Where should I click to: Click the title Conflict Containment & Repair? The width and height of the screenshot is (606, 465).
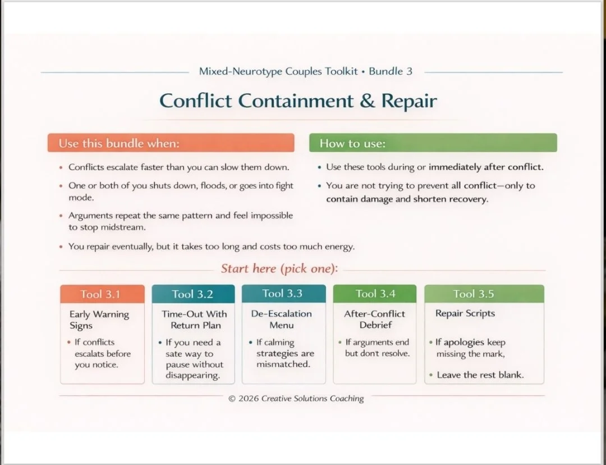(x=298, y=101)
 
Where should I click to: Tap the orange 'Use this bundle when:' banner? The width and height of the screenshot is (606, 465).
(x=171, y=143)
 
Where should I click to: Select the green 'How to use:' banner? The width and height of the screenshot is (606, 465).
(x=433, y=143)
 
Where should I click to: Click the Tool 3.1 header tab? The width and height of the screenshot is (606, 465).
(x=102, y=294)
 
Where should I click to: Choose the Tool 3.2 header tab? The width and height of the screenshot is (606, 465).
(x=193, y=294)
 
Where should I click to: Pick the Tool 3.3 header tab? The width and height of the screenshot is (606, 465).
(x=283, y=294)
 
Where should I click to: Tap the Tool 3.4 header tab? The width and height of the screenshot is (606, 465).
(x=375, y=294)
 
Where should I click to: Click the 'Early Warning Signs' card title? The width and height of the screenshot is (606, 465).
(x=99, y=320)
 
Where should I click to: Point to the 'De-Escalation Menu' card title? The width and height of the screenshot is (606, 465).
(x=281, y=319)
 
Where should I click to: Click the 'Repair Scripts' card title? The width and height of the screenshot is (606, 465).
(x=465, y=313)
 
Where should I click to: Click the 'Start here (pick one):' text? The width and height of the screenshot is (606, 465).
(x=279, y=268)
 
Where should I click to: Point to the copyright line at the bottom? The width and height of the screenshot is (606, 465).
(x=296, y=398)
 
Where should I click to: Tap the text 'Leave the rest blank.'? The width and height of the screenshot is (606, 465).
(x=480, y=375)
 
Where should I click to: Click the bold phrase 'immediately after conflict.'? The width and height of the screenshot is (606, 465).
(x=486, y=167)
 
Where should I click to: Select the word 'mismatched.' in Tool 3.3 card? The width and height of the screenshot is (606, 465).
(x=283, y=364)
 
